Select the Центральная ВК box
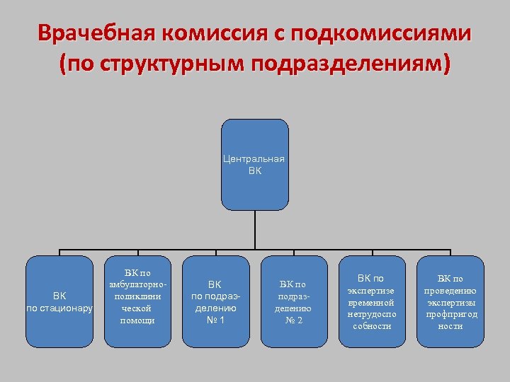click(254, 165)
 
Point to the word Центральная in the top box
click(254, 158)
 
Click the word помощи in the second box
click(137, 320)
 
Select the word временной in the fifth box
click(371, 302)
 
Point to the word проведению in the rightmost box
click(450, 290)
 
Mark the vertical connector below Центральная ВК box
click(254, 230)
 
